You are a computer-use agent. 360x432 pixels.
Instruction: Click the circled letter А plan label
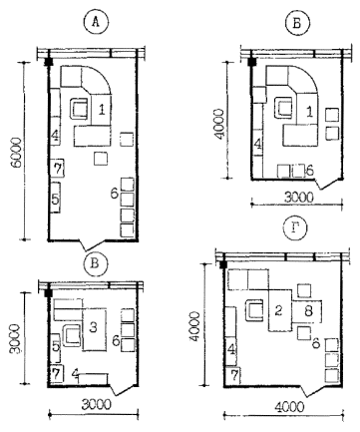[96, 23]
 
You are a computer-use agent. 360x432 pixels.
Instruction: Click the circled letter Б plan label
[297, 23]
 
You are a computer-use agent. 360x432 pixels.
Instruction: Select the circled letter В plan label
[96, 264]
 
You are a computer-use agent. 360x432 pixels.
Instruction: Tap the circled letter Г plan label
[295, 229]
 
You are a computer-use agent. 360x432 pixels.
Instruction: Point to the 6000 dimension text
[17, 153]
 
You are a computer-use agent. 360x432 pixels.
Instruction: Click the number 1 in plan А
[102, 110]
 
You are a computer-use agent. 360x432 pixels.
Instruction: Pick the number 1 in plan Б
[309, 113]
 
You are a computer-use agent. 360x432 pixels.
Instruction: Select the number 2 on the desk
[278, 310]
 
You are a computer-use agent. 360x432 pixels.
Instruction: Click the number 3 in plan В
[94, 327]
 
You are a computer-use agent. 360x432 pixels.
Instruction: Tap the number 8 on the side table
[308, 311]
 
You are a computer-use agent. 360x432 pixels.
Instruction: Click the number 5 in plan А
[55, 199]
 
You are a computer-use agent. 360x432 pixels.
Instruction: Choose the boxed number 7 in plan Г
[234, 375]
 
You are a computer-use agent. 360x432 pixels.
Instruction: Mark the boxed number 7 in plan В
[57, 374]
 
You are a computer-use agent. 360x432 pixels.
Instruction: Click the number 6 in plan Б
[309, 171]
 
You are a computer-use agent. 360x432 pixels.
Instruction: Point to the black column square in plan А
[49, 62]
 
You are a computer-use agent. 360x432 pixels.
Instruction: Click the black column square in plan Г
[224, 264]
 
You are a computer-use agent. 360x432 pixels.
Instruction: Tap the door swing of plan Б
[328, 184]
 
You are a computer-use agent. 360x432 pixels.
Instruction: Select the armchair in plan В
[72, 335]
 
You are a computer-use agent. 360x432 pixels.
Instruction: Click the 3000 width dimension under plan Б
[299, 198]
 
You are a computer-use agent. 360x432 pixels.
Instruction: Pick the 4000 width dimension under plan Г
[289, 407]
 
